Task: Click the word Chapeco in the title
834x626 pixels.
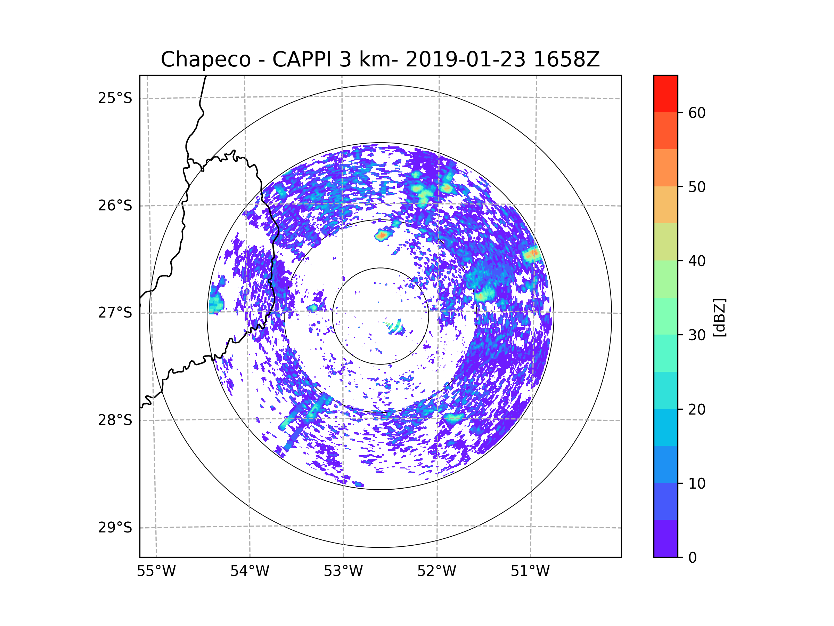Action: (205, 59)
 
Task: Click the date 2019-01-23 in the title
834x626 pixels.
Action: (465, 59)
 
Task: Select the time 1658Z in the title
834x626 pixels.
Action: (566, 59)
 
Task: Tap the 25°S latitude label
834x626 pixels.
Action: (115, 98)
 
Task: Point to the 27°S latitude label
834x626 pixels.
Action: (115, 313)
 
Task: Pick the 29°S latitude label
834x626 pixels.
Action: (115, 528)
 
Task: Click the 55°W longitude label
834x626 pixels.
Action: (156, 571)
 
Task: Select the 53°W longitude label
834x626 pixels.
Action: (343, 571)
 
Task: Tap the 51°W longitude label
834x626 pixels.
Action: (530, 571)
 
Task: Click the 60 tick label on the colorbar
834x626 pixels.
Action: (697, 113)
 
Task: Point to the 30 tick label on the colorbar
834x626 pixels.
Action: (697, 335)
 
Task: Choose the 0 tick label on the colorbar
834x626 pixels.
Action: (693, 558)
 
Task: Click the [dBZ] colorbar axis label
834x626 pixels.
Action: (719, 317)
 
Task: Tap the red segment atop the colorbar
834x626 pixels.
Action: (665, 94)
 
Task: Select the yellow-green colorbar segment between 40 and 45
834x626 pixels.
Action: (665, 242)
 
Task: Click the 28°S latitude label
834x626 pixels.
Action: (115, 420)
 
